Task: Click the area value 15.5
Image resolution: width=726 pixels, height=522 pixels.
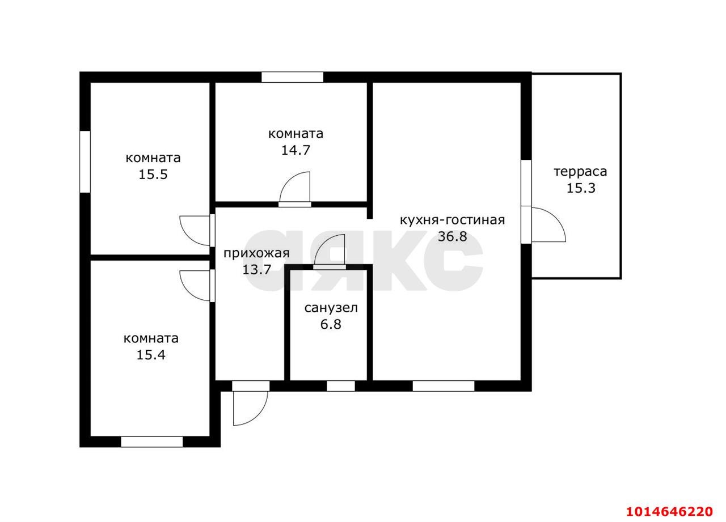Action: coord(153,175)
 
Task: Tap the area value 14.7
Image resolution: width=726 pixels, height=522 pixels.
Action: coord(296,150)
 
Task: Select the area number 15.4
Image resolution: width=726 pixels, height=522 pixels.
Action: coord(151,355)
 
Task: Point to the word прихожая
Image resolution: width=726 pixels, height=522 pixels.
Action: coord(256,253)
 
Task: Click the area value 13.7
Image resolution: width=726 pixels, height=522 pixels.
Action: coord(257,270)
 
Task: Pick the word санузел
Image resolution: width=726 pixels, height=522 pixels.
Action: coord(331,308)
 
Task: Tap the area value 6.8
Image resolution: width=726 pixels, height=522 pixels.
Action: coord(331,324)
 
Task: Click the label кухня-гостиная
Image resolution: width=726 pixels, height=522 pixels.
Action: coord(453,220)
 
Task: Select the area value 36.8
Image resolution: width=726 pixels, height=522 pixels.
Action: coord(453,236)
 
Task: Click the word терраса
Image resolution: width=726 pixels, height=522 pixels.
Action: coord(580,172)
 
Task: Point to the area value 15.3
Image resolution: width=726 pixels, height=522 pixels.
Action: coord(581,189)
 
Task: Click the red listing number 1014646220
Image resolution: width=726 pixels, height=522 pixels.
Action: coord(669,512)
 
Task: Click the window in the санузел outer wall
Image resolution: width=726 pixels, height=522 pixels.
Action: coord(341,386)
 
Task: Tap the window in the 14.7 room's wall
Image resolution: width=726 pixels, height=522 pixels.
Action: coord(292,77)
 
